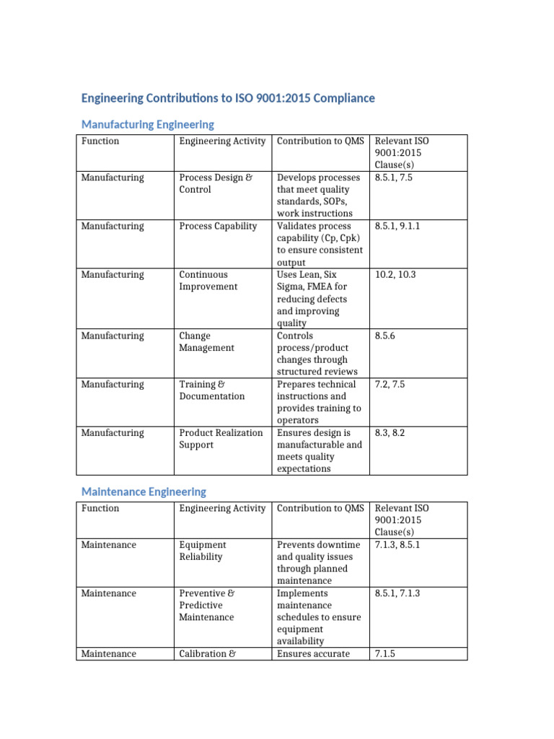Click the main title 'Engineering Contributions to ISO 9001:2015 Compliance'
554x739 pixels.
tap(228, 97)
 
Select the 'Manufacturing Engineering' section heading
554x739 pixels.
tap(147, 125)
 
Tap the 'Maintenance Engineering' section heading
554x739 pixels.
tap(144, 491)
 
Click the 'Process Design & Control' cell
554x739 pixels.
tap(216, 183)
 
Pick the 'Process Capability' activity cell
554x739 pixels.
tap(218, 226)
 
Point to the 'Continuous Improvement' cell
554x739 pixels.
tap(208, 280)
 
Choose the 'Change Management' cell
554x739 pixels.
tap(206, 341)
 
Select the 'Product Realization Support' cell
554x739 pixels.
tap(221, 439)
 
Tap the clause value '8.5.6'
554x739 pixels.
tap(388, 336)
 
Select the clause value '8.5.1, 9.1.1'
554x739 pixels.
tap(397, 226)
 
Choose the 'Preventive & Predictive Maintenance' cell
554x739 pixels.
tap(206, 605)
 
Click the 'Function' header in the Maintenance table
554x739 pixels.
tap(100, 508)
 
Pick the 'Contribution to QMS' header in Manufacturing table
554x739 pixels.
tap(320, 141)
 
